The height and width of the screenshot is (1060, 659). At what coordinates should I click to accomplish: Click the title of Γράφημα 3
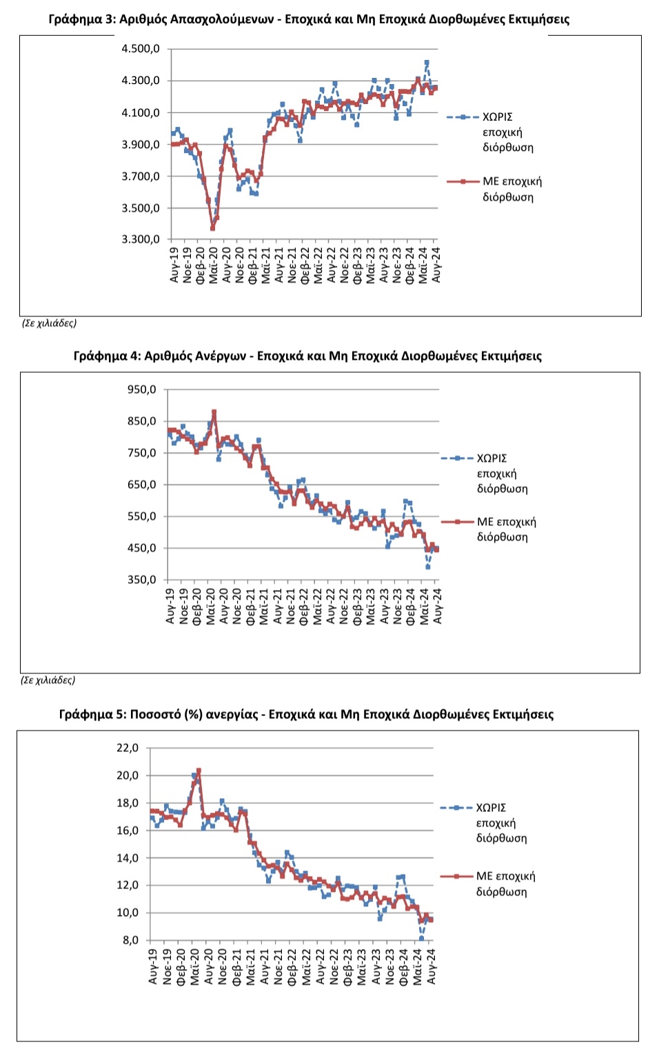(309, 19)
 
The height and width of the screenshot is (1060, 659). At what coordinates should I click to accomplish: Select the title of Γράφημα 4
(307, 356)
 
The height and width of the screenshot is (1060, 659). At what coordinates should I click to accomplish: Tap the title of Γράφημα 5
(306, 714)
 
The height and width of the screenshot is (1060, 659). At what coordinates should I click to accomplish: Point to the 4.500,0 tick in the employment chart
(141, 49)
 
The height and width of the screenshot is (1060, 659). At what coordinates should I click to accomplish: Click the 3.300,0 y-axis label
(141, 239)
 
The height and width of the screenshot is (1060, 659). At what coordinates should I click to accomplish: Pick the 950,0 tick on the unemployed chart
(141, 389)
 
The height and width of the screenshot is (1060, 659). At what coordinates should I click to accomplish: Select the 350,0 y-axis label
(141, 580)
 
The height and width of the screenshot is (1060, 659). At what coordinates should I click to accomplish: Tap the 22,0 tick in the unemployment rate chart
(128, 748)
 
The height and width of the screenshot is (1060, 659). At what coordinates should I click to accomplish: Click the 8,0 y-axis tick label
(130, 940)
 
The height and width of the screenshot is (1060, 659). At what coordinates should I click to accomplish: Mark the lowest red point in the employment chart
(212, 228)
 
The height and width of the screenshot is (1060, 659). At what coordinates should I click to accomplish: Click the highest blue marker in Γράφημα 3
(427, 62)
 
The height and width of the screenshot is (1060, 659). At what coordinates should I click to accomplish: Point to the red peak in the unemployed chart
(214, 411)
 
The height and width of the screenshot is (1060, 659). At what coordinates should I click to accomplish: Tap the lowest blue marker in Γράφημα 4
(428, 567)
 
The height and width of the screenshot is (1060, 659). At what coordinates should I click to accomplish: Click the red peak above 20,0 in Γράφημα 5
(199, 771)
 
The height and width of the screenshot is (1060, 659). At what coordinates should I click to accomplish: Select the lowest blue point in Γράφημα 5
(421, 938)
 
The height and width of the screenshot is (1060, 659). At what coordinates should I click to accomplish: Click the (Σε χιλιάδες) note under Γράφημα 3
(49, 323)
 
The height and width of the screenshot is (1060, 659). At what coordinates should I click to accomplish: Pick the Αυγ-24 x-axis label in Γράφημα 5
(431, 966)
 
